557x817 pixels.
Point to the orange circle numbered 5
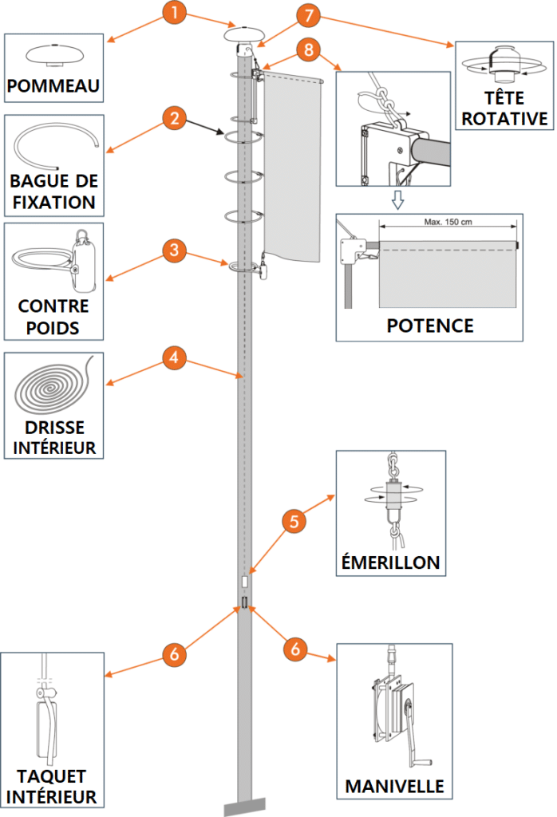294,523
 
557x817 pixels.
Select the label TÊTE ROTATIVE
504,109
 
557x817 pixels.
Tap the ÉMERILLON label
389,562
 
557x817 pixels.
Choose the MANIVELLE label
394,786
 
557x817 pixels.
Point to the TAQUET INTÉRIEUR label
51,786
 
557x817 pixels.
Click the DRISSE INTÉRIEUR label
54,438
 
